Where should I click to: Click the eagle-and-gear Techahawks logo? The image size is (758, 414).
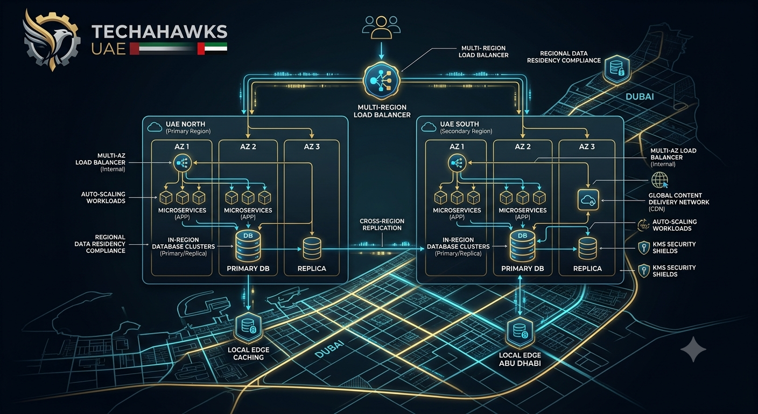(52, 40)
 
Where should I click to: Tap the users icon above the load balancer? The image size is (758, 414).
(381, 27)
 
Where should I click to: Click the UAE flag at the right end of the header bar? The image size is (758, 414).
(212, 49)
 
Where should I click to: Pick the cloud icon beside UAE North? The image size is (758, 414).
(155, 127)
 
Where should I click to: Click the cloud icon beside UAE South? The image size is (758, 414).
(429, 127)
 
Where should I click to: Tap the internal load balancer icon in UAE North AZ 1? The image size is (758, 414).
(183, 163)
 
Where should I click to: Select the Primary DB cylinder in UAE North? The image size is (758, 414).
(248, 245)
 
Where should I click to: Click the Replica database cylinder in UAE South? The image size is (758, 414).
(588, 249)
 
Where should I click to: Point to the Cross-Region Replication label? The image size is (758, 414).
(382, 224)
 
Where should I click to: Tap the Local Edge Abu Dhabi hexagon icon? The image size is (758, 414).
(520, 332)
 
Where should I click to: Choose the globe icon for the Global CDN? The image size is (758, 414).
(659, 180)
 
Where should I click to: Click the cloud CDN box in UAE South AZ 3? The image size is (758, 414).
(588, 200)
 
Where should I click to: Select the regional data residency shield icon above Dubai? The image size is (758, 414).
(617, 69)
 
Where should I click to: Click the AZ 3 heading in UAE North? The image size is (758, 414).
(312, 147)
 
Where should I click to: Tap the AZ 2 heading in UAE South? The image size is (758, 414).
(523, 147)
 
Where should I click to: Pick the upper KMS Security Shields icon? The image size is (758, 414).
(643, 247)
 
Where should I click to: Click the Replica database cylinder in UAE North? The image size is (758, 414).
(312, 249)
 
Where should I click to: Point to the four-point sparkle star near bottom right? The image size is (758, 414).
(693, 349)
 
